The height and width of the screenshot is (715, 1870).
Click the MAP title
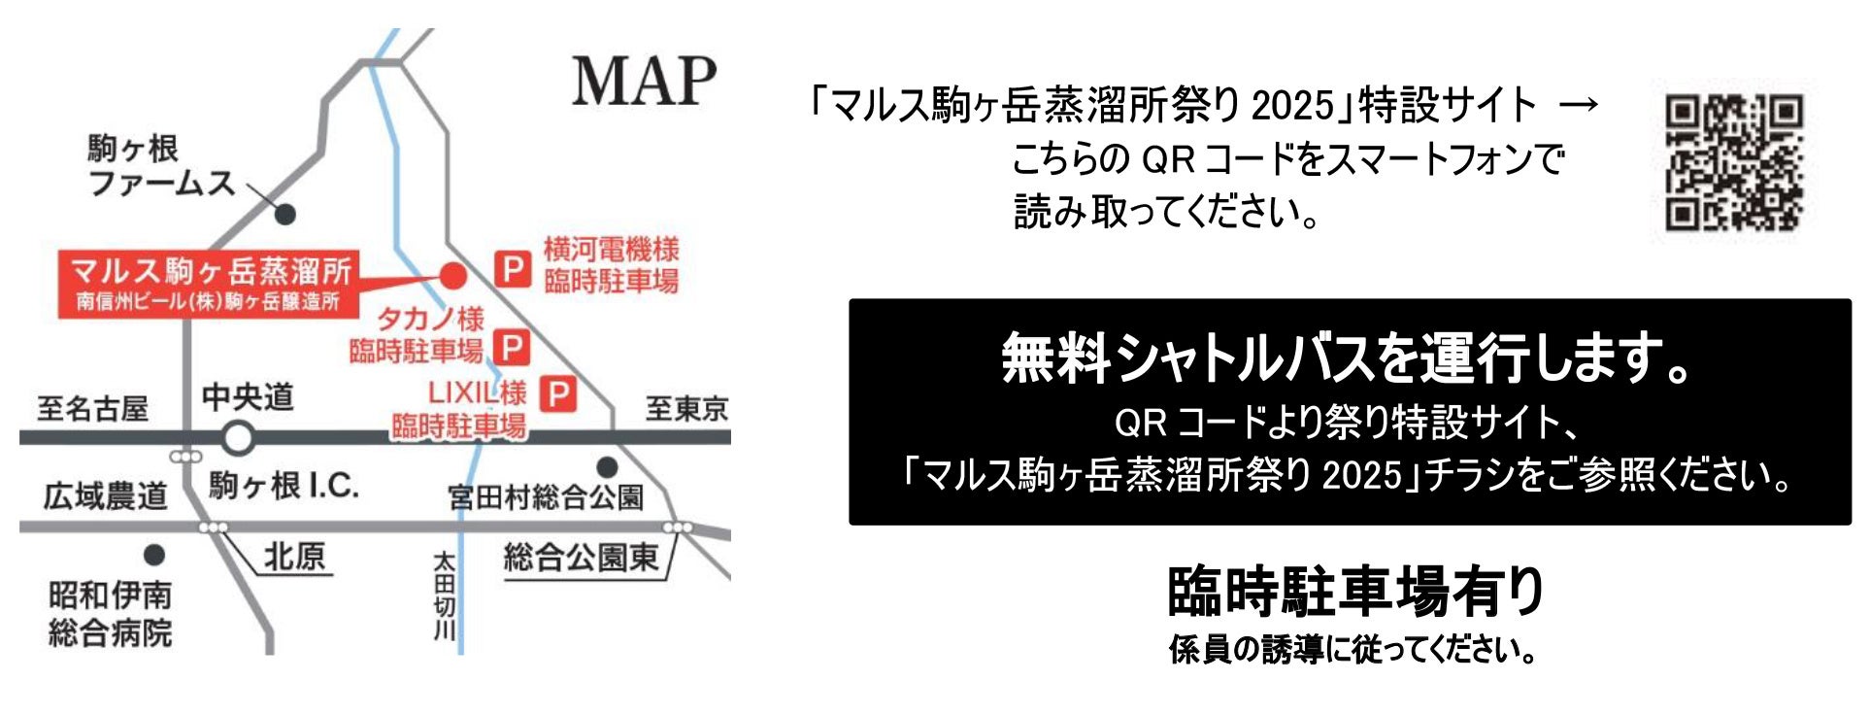pyautogui.click(x=644, y=82)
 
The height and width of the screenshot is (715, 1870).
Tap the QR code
pyautogui.click(x=1733, y=161)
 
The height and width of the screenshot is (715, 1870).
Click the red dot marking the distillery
pyautogui.click(x=452, y=276)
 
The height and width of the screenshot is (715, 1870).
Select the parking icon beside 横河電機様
pyautogui.click(x=513, y=268)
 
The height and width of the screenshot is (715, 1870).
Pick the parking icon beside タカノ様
pyautogui.click(x=511, y=347)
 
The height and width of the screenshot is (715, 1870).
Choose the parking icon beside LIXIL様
pyautogui.click(x=557, y=394)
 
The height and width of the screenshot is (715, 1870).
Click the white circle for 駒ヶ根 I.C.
pyautogui.click(x=238, y=438)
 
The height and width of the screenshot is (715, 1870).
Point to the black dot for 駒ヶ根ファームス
pyautogui.click(x=285, y=214)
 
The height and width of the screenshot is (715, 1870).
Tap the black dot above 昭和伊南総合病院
pyautogui.click(x=154, y=555)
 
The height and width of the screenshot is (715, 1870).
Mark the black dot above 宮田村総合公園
pyautogui.click(x=607, y=467)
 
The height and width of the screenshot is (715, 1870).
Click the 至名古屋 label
pyautogui.click(x=92, y=408)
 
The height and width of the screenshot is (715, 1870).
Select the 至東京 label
pyautogui.click(x=686, y=408)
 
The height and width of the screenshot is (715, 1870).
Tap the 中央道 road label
pyautogui.click(x=248, y=396)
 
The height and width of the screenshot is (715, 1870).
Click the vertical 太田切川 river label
pyautogui.click(x=444, y=596)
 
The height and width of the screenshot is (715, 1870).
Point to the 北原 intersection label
pyautogui.click(x=295, y=557)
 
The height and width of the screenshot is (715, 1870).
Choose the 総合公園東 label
pyautogui.click(x=582, y=558)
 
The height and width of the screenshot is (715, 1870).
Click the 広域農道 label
pyautogui.click(x=105, y=496)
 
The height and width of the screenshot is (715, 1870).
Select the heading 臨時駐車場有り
pyautogui.click(x=1355, y=592)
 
